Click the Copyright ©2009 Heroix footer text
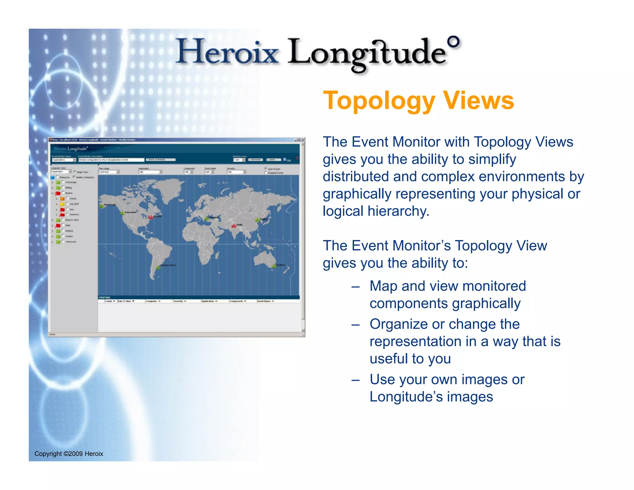(x=69, y=454)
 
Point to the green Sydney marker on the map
(x=274, y=266)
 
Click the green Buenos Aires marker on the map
(x=158, y=266)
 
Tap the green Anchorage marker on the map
(x=102, y=205)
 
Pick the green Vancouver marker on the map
(x=122, y=213)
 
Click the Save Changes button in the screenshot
(x=160, y=160)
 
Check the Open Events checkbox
(x=266, y=168)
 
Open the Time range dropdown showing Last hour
(x=109, y=172)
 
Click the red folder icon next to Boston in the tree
(x=58, y=193)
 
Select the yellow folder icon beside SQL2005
(x=62, y=204)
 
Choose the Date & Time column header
(x=126, y=301)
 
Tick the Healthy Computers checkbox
(x=74, y=177)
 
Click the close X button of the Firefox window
(x=302, y=140)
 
